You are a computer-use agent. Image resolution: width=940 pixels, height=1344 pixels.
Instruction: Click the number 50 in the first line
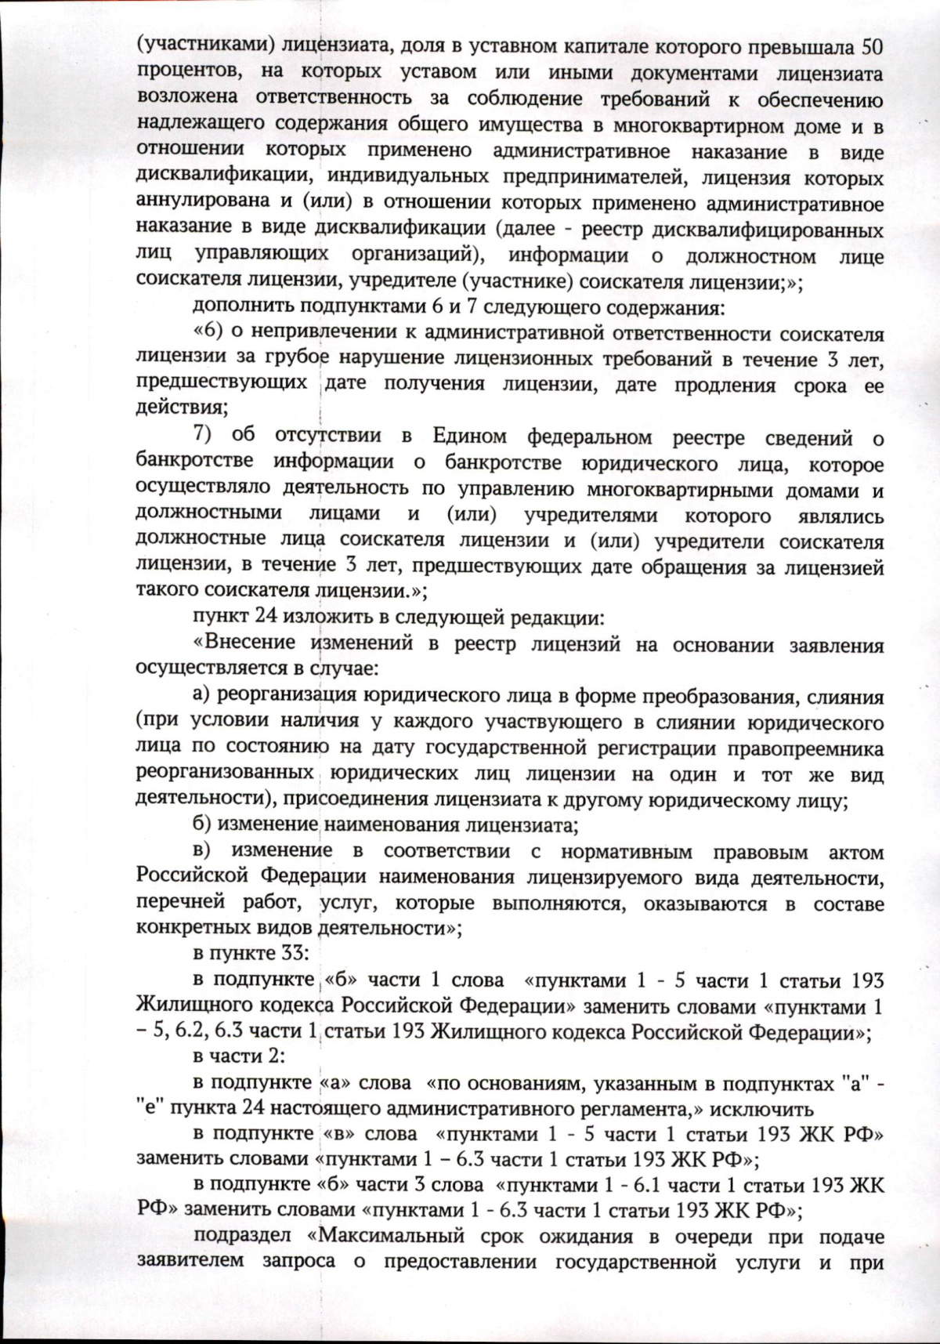pos(872,46)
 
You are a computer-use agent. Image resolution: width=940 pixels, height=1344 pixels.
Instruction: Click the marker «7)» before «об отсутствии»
pos(209,437)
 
